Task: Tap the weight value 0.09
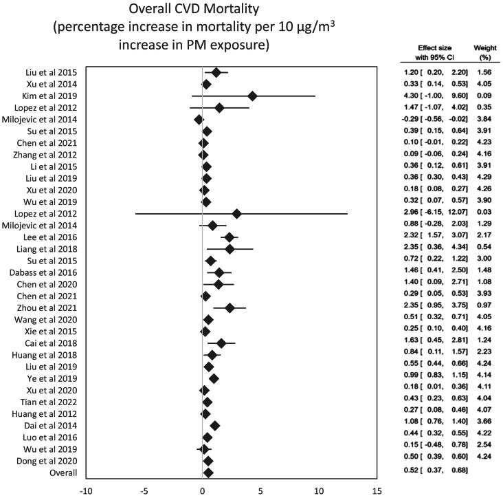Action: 482,96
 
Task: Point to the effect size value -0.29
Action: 410,119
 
